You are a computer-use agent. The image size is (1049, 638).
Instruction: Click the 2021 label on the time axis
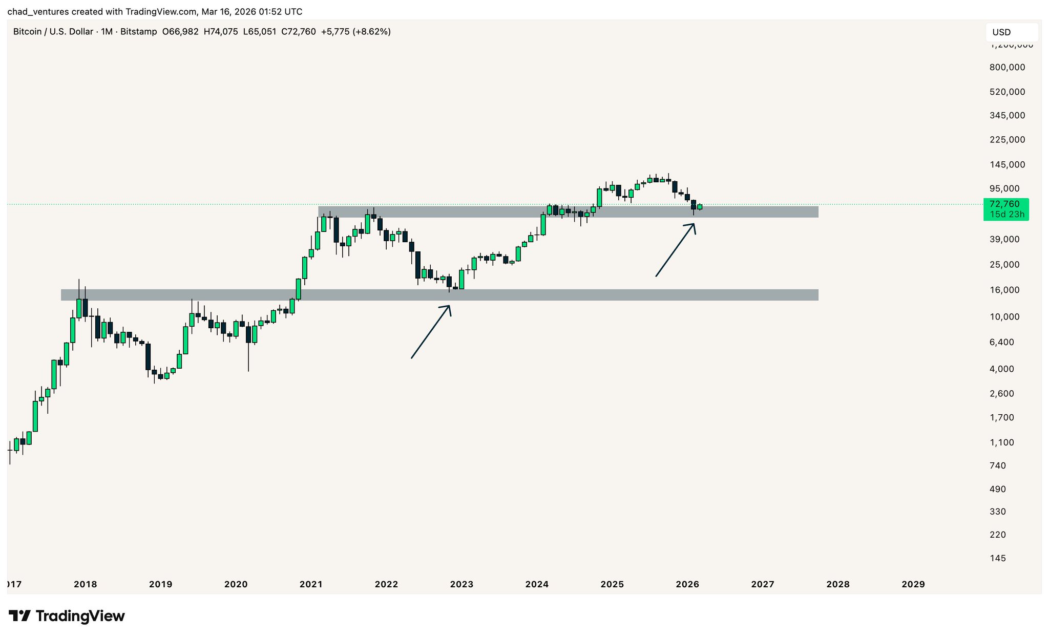311,584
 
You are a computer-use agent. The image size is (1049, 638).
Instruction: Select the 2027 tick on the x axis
762,584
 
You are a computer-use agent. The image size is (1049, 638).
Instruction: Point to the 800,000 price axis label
1007,67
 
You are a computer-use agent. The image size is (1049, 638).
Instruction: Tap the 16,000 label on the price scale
1004,290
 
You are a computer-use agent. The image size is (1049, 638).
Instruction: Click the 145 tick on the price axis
998,558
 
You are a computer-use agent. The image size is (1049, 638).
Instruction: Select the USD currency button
1011,32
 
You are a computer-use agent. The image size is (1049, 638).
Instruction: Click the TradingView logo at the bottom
67,615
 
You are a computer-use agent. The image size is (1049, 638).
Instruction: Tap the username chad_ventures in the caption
38,11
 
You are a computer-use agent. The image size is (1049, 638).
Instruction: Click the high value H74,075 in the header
221,32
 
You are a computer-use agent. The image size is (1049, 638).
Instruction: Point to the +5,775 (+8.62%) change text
355,32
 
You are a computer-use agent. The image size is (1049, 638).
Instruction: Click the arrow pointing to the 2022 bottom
431,332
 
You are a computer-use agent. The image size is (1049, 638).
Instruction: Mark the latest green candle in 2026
700,207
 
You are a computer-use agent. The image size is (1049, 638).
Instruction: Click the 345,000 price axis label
1007,116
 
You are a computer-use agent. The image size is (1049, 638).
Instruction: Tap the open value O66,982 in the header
180,32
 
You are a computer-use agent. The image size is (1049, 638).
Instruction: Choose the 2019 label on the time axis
160,584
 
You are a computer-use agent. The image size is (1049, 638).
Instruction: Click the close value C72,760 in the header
299,32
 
